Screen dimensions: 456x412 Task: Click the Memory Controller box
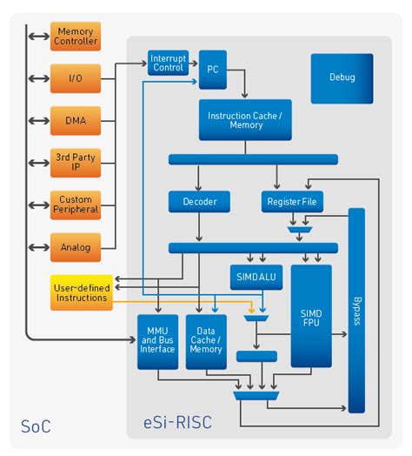pos(76,37)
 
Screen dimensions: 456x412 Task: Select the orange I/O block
pos(76,78)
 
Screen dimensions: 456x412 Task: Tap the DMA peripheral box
pos(76,119)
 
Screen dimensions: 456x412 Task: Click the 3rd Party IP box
pos(76,162)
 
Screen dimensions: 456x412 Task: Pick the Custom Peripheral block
pos(76,205)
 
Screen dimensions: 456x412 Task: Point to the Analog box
pos(76,246)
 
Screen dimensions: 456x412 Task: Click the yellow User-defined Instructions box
pos(82,292)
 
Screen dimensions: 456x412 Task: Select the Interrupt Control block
pos(168,63)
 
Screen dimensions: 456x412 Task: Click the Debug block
pos(342,77)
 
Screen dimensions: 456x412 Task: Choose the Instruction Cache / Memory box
pos(244,120)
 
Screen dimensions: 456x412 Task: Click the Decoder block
pos(199,202)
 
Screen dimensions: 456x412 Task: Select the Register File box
pos(293,202)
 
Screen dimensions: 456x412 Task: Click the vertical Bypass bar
pos(356,310)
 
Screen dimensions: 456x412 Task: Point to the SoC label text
pos(36,426)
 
